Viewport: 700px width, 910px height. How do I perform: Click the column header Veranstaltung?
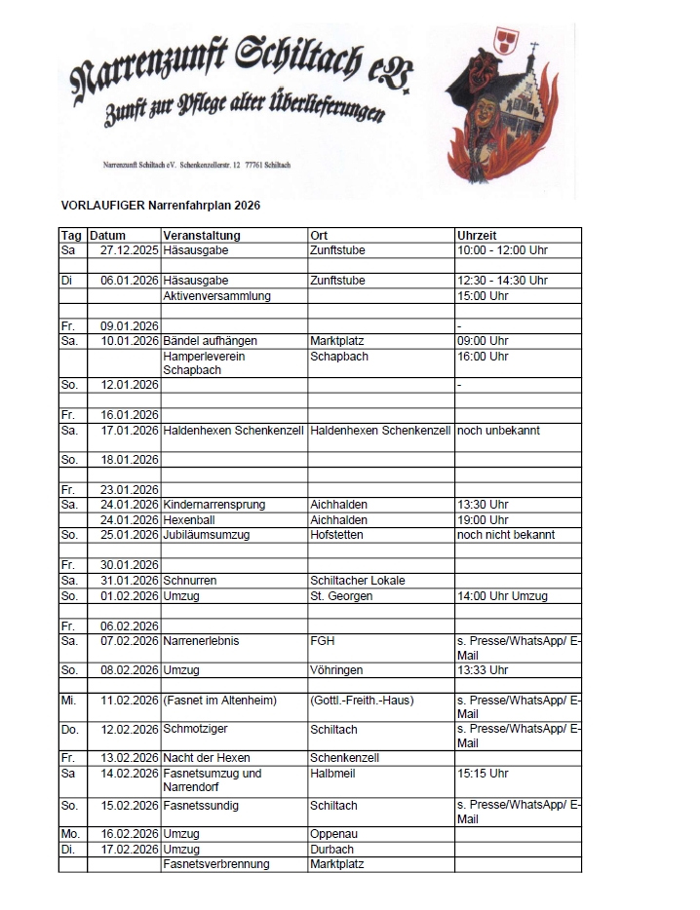202,236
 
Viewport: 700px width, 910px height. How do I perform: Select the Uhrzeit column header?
477,236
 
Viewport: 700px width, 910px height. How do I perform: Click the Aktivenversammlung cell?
216,295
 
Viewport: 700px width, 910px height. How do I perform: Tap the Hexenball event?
188,520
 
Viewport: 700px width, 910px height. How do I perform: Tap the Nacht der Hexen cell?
207,757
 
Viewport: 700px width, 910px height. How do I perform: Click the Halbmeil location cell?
331,774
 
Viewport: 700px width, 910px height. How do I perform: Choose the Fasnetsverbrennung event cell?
216,864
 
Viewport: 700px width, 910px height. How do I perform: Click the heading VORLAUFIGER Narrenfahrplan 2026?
160,207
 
